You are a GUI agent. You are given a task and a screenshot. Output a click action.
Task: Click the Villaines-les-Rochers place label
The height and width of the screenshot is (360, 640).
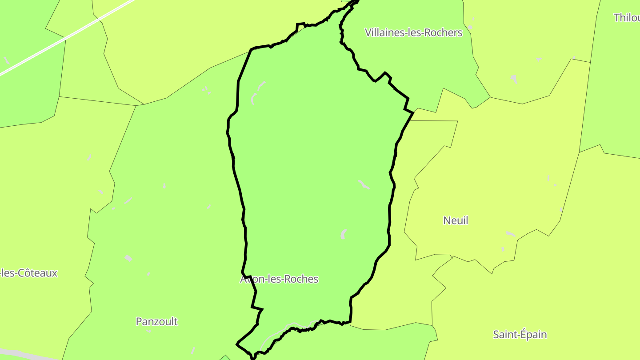413,32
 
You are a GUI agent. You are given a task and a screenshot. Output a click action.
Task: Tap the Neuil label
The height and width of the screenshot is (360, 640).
456,220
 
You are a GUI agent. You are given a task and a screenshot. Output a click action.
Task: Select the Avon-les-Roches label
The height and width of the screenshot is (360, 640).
279,279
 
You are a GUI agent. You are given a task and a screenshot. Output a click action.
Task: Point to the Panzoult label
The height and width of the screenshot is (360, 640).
156,321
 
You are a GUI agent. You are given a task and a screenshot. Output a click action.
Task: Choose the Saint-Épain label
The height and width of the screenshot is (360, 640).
520,335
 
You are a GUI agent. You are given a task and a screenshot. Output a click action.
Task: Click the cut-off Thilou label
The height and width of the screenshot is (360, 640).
627,18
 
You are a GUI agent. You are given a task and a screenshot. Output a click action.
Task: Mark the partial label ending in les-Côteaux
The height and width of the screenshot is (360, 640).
29,273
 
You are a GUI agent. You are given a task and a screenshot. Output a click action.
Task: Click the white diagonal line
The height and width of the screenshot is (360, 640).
67,38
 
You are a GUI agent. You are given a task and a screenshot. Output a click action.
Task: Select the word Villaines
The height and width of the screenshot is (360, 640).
384,32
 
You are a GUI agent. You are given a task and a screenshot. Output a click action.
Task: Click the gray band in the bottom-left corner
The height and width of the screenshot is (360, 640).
18,354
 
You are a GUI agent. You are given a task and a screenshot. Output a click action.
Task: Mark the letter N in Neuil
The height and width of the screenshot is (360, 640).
447,220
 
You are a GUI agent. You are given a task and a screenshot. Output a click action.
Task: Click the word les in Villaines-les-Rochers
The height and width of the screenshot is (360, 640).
414,32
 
